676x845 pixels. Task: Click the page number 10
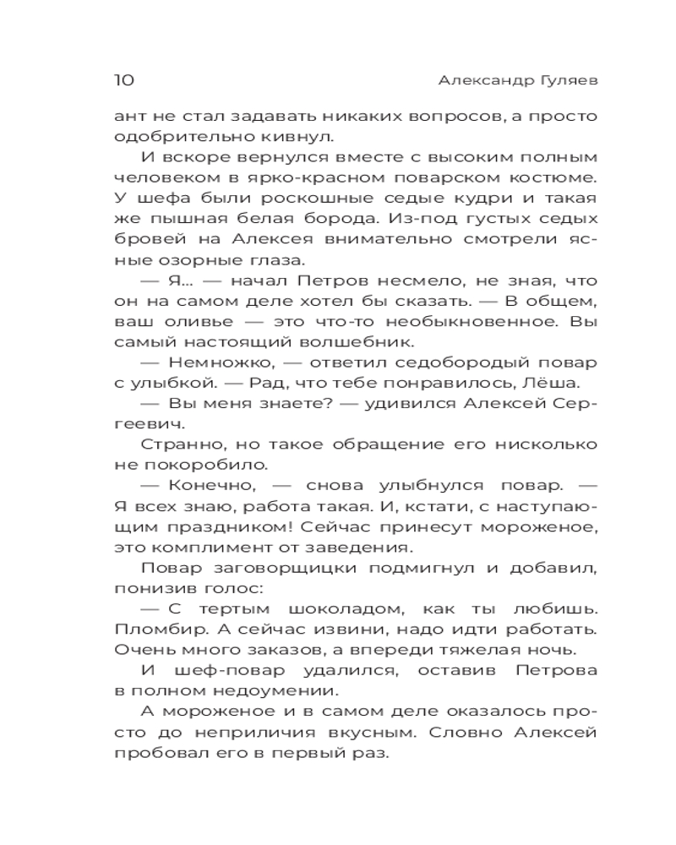click(123, 80)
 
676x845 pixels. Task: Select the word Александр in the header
click(480, 80)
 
